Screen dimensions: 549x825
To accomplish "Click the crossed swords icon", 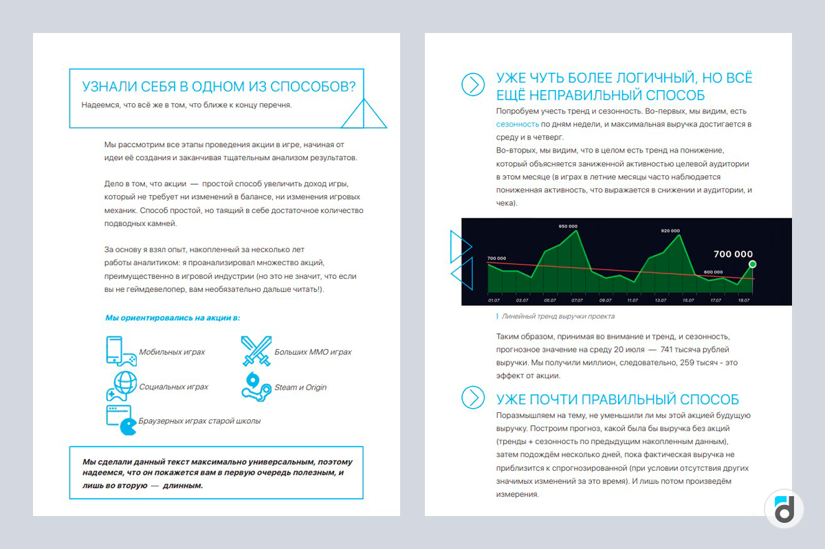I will click(255, 351).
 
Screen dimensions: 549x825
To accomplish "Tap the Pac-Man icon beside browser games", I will click(128, 427).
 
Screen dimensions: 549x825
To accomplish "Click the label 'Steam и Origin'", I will click(300, 388).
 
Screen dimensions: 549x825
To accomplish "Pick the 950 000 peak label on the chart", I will click(568, 226).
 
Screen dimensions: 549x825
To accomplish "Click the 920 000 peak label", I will click(670, 231).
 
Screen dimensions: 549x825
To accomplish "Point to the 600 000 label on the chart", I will click(713, 271).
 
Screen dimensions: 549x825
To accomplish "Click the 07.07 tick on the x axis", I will click(577, 300).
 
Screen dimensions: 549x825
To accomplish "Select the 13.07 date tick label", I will click(661, 300).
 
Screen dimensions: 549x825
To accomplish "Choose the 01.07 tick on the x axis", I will click(494, 300).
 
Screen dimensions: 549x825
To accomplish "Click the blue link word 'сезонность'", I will click(517, 124).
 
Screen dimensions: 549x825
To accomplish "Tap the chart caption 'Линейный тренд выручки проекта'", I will click(558, 317).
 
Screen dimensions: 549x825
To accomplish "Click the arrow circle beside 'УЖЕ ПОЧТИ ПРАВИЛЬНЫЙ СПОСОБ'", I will click(473, 397).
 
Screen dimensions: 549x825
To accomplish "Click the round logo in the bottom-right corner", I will click(784, 509).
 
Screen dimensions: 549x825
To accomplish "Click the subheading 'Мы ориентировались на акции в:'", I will click(173, 318).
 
